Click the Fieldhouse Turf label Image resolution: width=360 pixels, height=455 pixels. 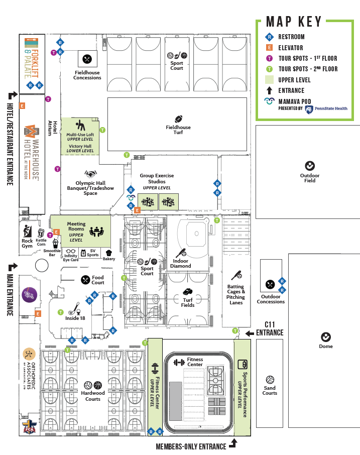point(178,130)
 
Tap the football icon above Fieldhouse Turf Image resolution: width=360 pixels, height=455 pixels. point(178,119)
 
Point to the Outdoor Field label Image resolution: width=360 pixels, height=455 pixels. point(310,178)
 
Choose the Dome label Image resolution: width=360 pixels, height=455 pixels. point(326,347)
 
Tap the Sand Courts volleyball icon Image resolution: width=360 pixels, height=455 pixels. point(270,379)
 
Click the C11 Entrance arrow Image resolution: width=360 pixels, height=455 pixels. point(250,333)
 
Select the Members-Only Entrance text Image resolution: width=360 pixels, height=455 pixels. point(191,446)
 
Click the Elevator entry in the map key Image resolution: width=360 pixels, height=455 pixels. point(291,48)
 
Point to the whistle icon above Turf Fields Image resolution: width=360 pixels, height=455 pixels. point(187,291)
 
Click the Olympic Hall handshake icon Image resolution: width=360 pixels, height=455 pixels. point(90,174)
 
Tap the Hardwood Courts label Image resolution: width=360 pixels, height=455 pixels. point(93,396)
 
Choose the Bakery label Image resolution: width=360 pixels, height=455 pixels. point(109,259)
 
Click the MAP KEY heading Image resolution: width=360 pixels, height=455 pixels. point(294,22)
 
